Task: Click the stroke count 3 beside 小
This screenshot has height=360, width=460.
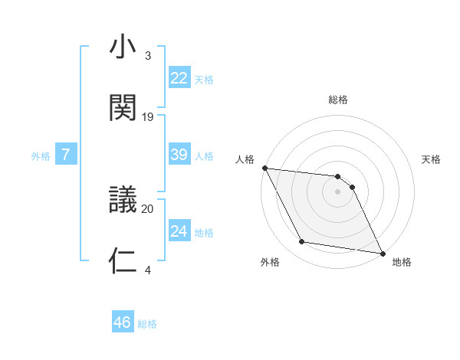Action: point(148,56)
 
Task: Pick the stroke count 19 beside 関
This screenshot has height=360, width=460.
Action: point(148,116)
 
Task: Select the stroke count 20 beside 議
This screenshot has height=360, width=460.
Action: point(148,208)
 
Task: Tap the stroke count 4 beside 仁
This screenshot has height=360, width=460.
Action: point(148,270)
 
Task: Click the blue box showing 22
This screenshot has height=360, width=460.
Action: point(179,78)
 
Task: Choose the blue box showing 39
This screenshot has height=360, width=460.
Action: point(179,155)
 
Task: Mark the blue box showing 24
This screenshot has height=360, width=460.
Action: point(179,231)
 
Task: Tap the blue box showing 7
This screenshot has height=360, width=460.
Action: point(66,155)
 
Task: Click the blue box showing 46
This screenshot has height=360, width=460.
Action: point(123,322)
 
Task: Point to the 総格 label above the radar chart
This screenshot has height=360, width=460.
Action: point(338,100)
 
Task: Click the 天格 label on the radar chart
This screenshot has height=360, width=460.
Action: point(432,159)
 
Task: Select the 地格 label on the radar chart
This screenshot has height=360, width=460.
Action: point(402,262)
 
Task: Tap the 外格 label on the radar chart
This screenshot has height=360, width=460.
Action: point(270,262)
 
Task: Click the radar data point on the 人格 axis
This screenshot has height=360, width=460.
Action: point(264,169)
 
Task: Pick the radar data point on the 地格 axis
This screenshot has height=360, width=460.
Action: point(381,252)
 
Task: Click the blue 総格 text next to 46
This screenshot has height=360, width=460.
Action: point(147,324)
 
